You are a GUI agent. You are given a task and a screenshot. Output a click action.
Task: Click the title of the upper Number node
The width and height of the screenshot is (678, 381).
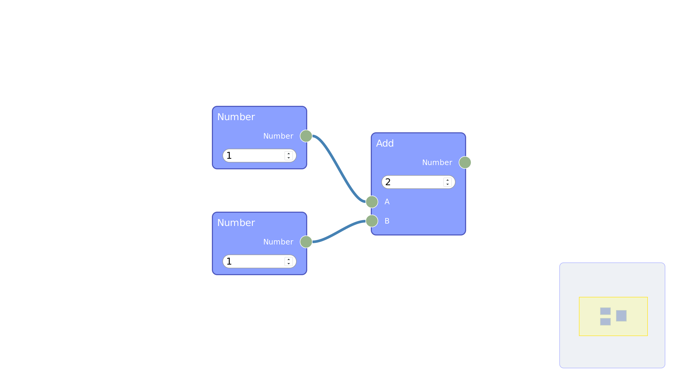point(236,117)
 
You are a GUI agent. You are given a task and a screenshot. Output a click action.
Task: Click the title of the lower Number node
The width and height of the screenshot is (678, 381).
point(236,223)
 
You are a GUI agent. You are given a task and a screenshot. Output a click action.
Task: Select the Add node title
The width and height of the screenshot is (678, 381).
point(385,143)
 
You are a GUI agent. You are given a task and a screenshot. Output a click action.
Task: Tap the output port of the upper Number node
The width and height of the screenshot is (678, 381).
point(306,136)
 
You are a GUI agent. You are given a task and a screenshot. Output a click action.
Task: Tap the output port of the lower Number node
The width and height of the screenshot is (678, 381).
point(306,242)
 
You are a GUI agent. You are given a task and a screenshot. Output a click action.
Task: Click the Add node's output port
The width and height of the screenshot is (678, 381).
point(465,162)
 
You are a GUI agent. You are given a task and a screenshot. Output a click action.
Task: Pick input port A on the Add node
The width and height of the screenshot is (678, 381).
point(372,202)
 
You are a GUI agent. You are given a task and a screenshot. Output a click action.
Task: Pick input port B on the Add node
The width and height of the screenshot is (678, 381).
point(372,221)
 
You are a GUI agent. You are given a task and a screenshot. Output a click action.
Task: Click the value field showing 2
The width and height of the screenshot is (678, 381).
point(418,182)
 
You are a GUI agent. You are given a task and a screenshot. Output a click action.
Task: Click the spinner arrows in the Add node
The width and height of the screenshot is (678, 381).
point(448,182)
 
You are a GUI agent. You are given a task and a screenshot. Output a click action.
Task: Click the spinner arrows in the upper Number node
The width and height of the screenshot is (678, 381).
point(289,156)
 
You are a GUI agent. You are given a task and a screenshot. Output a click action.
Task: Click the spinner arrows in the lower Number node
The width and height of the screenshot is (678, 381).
point(289,261)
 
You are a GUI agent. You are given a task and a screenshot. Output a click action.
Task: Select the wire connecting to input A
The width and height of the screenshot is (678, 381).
point(339,169)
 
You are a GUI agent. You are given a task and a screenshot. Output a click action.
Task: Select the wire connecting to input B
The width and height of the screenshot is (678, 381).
point(339,232)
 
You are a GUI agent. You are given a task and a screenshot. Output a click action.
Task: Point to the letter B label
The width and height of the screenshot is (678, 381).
point(387,221)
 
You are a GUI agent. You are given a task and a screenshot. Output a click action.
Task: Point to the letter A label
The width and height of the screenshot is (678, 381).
point(387,202)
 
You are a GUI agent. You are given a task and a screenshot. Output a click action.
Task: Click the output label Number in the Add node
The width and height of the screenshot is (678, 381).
point(437,162)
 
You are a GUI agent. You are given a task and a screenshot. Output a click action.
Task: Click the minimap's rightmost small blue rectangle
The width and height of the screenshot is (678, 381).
point(621,316)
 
